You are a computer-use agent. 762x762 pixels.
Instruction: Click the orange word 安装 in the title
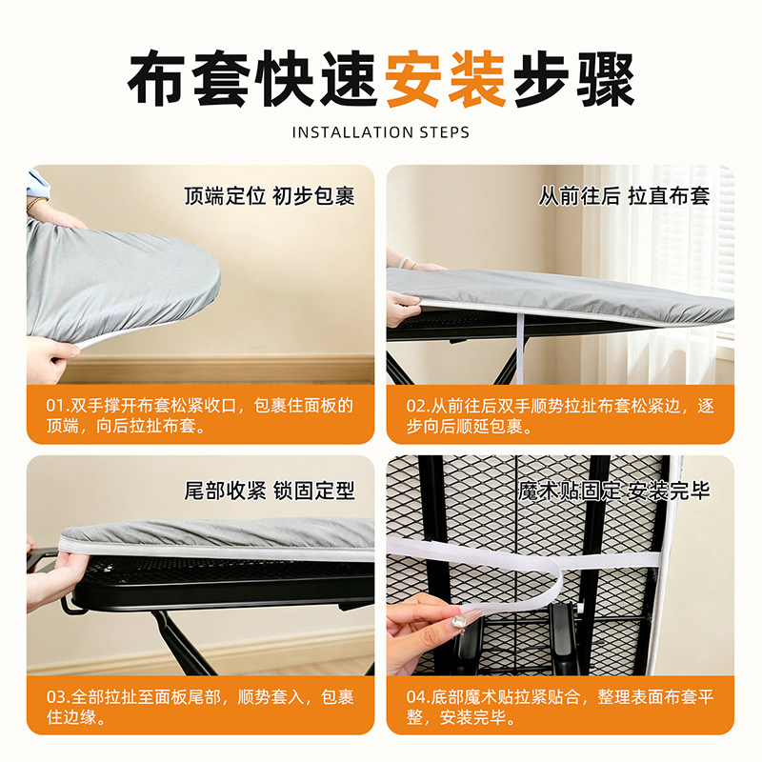tap(446, 79)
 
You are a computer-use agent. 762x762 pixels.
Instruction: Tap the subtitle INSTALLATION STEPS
tap(381, 132)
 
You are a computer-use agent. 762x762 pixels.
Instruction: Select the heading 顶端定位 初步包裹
tap(270, 196)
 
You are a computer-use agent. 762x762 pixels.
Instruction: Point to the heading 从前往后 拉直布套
tap(624, 196)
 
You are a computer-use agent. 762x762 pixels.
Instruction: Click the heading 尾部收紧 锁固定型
tap(270, 491)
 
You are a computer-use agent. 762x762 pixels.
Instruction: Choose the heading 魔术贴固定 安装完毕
tap(613, 491)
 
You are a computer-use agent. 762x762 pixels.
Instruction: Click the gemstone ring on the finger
tap(458, 622)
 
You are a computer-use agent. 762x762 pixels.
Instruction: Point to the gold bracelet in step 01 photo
tap(35, 204)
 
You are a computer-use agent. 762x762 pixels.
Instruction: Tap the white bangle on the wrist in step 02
tap(402, 263)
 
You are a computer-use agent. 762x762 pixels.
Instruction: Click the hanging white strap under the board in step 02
tap(520, 348)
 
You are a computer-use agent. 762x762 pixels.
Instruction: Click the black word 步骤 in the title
tap(574, 79)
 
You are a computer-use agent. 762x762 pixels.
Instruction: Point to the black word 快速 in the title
tap(317, 79)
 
